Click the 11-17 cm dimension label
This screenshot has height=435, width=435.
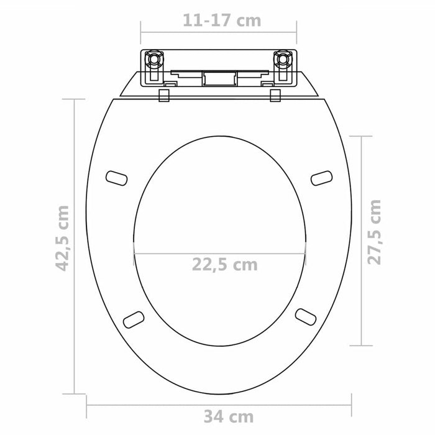pyautogui.click(x=222, y=21)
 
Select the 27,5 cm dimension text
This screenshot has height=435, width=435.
pyautogui.click(x=373, y=231)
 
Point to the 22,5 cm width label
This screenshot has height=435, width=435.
pyautogui.click(x=223, y=264)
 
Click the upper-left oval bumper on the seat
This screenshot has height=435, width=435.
pyautogui.click(x=117, y=178)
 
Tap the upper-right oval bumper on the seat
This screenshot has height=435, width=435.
pyautogui.click(x=321, y=178)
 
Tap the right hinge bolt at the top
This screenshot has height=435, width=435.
pyautogui.click(x=284, y=61)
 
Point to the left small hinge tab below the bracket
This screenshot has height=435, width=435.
pyautogui.click(x=164, y=95)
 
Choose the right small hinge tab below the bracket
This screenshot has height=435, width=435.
pyautogui.click(x=274, y=95)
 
